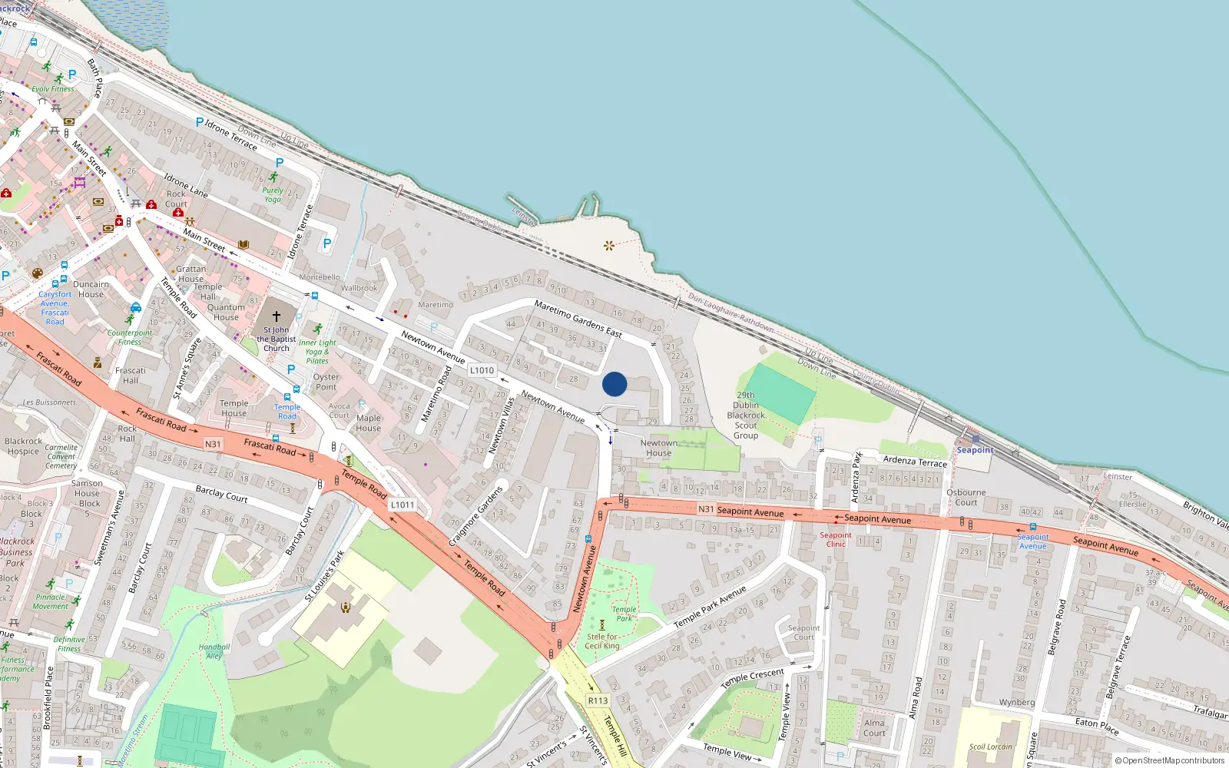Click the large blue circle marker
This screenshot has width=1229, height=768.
[x=614, y=384]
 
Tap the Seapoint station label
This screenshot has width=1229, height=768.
[x=975, y=450]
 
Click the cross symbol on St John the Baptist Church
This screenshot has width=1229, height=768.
[x=277, y=316]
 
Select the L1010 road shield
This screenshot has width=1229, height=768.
[x=482, y=370]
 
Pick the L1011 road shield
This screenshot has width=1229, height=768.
[x=402, y=505]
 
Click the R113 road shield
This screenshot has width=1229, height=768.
[x=598, y=700]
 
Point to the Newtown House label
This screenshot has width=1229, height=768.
[x=659, y=448]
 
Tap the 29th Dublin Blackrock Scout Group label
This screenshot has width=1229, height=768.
[x=746, y=415]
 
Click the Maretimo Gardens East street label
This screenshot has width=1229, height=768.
[x=578, y=318]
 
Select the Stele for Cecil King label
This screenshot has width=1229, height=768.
[x=602, y=641]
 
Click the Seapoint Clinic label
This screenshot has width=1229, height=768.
[x=836, y=539]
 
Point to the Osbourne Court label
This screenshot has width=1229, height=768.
[x=966, y=498]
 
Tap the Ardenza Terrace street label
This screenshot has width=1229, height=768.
[x=915, y=461]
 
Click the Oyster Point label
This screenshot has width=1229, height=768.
[x=326, y=382]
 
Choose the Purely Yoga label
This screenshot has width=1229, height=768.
[x=273, y=194]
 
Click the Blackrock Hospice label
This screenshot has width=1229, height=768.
[x=23, y=446]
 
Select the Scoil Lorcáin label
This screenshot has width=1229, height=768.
[x=990, y=746]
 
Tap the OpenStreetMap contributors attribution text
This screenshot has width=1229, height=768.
[x=1170, y=761]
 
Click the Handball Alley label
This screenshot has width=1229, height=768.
[x=214, y=651]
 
